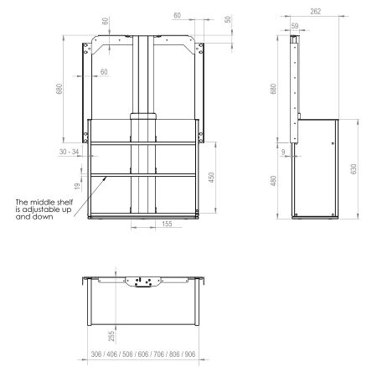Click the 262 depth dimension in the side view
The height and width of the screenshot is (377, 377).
point(315,13)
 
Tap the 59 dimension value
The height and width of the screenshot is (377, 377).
point(294,27)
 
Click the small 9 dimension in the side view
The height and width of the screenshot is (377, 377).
point(283,152)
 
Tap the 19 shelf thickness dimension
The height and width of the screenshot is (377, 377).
point(77,185)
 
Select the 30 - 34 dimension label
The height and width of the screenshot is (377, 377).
point(71,152)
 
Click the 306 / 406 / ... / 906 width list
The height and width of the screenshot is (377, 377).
point(142,354)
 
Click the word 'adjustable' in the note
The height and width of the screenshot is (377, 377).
point(54,210)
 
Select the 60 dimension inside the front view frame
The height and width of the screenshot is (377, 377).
point(103,72)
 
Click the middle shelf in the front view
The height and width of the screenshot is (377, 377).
point(142,174)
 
